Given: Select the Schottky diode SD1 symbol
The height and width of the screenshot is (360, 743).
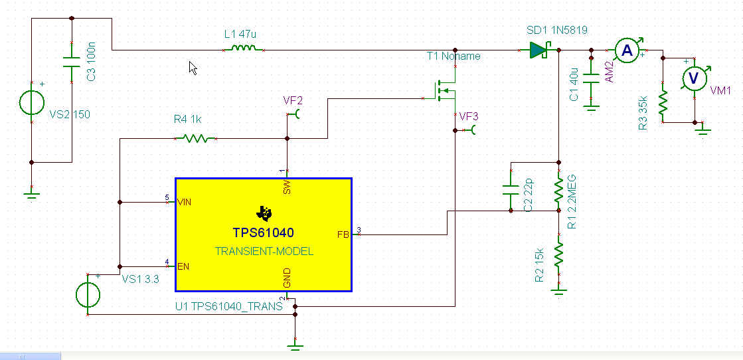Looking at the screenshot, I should click(x=538, y=50).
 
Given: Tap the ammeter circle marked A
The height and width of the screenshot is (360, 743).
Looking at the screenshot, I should click(x=625, y=49).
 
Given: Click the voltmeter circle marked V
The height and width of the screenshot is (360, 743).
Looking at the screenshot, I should click(x=694, y=78).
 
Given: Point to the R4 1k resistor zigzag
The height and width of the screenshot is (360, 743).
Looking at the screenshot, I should click(x=195, y=138).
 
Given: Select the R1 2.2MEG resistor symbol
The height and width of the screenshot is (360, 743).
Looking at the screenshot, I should click(x=558, y=189).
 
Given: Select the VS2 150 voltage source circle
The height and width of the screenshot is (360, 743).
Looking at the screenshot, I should click(x=31, y=103).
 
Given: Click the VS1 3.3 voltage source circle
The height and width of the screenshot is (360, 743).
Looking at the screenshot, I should click(x=89, y=295).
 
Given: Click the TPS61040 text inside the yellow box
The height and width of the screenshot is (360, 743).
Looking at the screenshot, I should click(x=263, y=233).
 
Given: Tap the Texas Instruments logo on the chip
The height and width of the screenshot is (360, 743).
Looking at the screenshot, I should click(x=264, y=213).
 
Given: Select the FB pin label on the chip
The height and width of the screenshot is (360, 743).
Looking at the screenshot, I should click(x=343, y=233).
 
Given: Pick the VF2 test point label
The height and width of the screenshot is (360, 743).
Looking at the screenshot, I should click(x=293, y=100).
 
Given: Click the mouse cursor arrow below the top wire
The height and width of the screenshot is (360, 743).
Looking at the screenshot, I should click(x=193, y=68).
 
